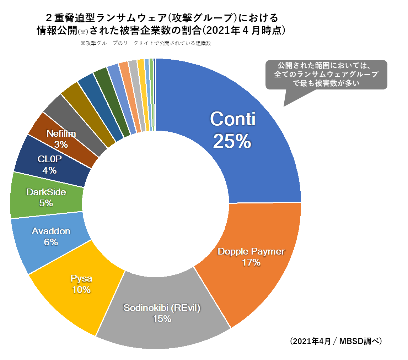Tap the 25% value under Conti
click(232, 141)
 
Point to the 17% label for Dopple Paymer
click(251, 263)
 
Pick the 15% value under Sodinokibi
click(162, 319)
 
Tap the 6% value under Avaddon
click(51, 242)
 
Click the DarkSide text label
click(46, 192)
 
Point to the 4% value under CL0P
click(49, 170)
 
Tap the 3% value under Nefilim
click(61, 144)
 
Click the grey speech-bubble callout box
click(326, 75)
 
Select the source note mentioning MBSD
click(336, 342)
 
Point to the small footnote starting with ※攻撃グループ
click(146, 43)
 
